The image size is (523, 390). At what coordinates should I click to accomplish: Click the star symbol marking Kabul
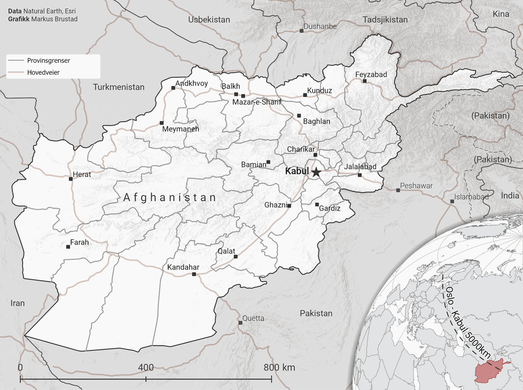pos(316,172)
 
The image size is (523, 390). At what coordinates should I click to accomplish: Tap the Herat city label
pos(82,174)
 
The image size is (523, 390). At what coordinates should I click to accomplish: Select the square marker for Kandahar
pos(194,274)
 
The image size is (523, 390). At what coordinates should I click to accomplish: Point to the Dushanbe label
pos(320,27)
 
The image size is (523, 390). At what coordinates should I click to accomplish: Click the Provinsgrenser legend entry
pos(48,61)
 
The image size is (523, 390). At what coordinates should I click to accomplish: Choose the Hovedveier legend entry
pos(43,72)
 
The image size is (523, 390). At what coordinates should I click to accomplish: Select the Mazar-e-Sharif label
pos(257,103)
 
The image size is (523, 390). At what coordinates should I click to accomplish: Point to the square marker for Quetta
pos(240,323)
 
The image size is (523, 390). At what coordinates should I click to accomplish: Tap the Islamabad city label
pos(471,197)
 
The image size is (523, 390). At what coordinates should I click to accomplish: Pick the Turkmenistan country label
pos(119,87)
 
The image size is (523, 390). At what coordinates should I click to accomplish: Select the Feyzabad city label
pos(371,75)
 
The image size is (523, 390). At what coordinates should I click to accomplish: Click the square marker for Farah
pos(68,247)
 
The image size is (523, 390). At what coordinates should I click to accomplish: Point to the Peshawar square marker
pos(398,190)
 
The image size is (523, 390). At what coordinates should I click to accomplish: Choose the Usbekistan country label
pos(209,20)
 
